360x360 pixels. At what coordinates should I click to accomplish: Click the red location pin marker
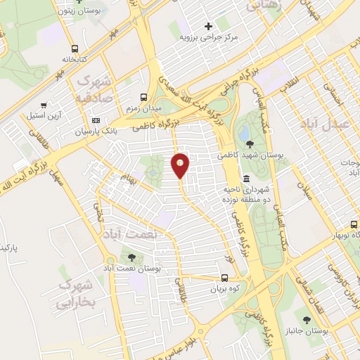pos(180,166)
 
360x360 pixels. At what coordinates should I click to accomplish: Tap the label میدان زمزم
pos(144,110)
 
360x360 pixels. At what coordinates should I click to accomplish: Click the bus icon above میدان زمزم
pos(144,98)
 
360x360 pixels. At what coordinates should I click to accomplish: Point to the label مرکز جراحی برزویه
pos(209,37)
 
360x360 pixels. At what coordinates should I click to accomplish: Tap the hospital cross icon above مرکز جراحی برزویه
pos(208,25)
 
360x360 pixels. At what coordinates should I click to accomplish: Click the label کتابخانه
pos(75,60)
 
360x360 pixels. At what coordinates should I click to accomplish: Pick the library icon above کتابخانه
pos(75,49)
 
